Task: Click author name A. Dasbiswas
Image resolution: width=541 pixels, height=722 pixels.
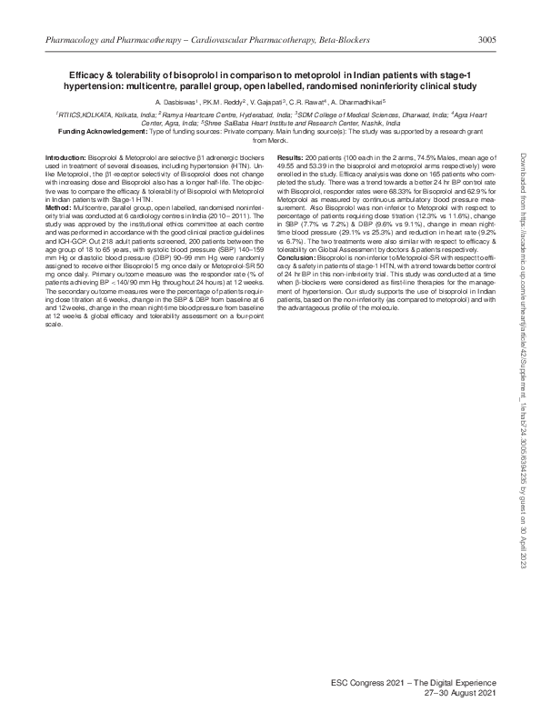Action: pos(180,102)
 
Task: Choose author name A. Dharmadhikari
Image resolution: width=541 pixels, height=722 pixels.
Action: pos(360,102)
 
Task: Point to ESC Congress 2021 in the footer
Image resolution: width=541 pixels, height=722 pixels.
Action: pos(380,681)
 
